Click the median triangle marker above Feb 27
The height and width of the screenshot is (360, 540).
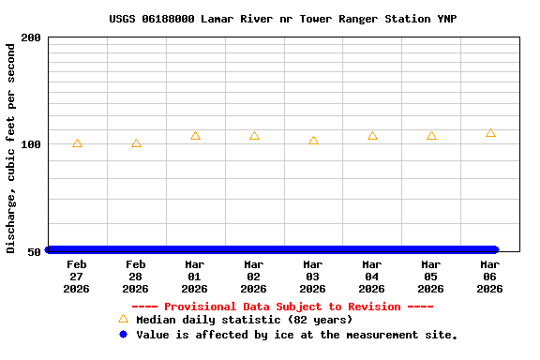pos(77,143)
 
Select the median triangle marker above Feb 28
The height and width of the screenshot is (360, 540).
pos(136,143)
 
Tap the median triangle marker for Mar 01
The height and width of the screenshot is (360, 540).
pos(195,136)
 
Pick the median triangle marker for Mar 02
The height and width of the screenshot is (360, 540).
pos(254,136)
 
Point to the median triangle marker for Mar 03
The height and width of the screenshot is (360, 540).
pos(313,141)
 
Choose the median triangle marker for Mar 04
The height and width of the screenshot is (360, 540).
pos(372,136)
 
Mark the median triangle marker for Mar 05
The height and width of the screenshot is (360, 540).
pos(431,136)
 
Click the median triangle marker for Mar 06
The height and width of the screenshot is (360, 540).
pos(490,133)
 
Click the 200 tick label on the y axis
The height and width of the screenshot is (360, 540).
pos(31,37)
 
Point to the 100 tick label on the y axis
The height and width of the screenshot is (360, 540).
pos(31,144)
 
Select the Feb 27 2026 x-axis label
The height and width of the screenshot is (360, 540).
pos(77,277)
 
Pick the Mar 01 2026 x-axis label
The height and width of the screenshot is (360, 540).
pos(195,277)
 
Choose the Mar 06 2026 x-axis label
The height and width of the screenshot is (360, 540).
pos(490,277)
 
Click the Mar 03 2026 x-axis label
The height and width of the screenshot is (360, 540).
pos(313,277)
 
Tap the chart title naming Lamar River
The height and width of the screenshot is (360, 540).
pos(282,19)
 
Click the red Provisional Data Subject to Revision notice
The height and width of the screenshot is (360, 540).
pos(282,307)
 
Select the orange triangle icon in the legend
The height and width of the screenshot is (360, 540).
pos(123,320)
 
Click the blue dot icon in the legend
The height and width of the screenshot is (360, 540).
pos(123,334)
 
